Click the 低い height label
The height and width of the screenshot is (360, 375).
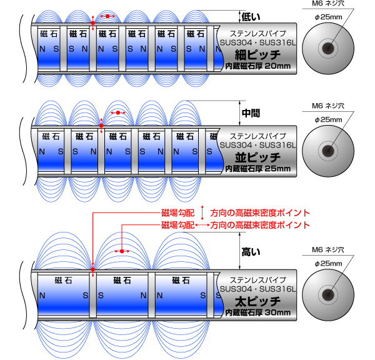coord(251,17)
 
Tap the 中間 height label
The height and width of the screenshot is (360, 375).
coord(251,113)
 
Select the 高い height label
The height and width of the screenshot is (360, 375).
coord(251,252)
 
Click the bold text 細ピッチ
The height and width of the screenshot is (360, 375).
coord(257,55)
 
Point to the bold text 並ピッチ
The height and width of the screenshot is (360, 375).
coord(257,157)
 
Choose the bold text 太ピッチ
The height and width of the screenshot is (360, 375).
coord(257,301)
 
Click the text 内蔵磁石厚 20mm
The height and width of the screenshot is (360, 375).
coord(257,66)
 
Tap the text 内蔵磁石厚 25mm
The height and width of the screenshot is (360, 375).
coord(257,169)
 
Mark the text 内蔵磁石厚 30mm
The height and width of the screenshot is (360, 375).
coord(257,312)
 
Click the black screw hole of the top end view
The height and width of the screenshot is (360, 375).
coord(328,48)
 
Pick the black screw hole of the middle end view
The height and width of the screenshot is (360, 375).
coord(328,151)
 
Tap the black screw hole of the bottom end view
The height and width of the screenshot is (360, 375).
coord(328,295)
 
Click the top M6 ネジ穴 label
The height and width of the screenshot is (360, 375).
coord(328,3)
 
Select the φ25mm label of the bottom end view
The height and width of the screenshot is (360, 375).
coord(328,264)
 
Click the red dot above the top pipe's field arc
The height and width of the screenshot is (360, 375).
coord(107,16)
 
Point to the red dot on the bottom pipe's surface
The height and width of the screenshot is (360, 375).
coord(92,269)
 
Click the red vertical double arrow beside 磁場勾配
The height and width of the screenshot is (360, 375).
coord(202,212)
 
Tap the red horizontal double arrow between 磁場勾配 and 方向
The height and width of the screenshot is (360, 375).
coord(202,225)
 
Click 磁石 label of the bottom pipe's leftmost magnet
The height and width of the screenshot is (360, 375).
coord(63,280)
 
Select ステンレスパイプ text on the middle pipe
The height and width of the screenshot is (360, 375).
coord(257,136)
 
